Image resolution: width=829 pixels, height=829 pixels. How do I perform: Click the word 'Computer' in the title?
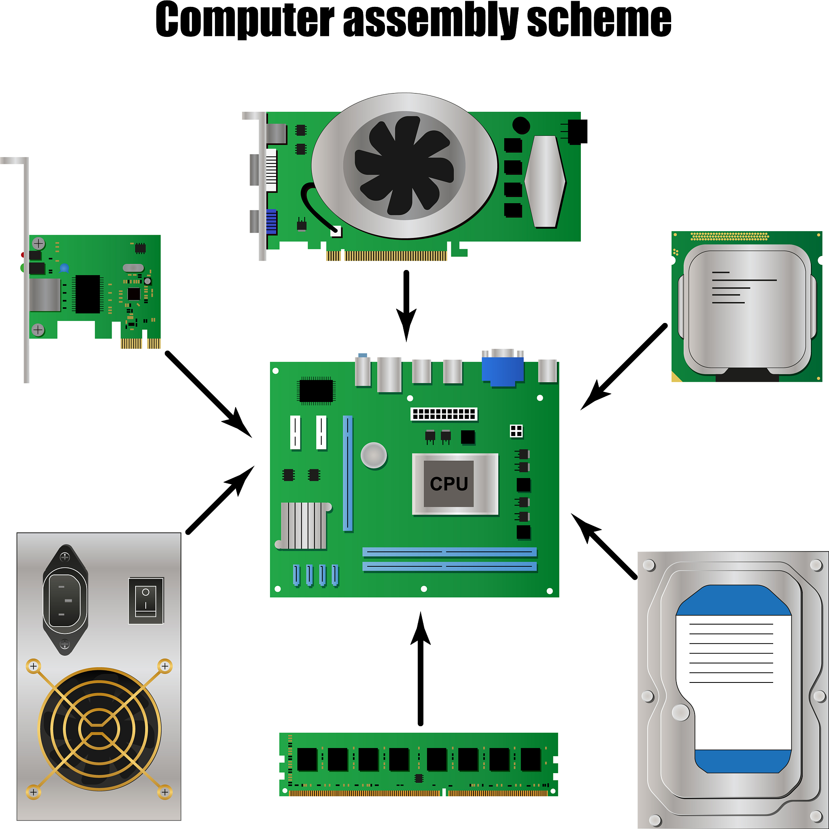coord(244,21)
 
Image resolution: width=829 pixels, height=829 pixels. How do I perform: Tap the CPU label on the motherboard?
coord(449,484)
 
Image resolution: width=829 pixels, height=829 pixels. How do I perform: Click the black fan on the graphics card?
coord(404,166)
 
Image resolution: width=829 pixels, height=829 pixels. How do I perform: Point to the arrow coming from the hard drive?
coord(605,547)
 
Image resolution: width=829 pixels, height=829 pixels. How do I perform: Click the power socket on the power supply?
coord(65,600)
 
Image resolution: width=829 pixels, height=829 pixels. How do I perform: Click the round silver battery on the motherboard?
coord(374,455)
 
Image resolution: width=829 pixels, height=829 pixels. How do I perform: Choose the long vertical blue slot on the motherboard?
coord(348,473)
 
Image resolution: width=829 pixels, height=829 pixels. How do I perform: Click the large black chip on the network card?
coord(87,294)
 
